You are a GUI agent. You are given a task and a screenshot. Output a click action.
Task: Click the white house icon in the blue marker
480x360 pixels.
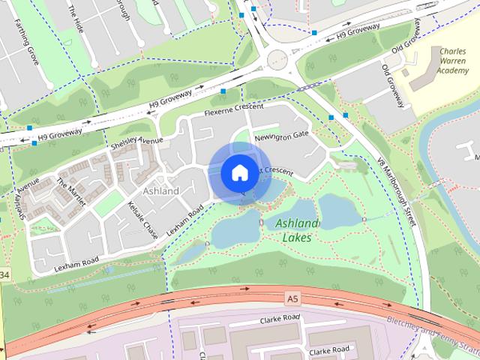[x=238, y=172]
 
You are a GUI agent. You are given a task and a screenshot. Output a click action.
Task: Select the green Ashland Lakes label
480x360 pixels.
[x=298, y=230]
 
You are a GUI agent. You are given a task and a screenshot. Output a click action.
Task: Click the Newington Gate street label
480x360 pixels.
[x=282, y=135]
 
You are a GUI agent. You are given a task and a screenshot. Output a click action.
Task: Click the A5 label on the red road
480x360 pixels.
[x=292, y=298]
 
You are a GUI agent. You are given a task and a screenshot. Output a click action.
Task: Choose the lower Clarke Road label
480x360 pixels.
[x=329, y=350]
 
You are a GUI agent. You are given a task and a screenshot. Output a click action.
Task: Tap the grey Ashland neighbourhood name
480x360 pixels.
[x=160, y=190]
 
